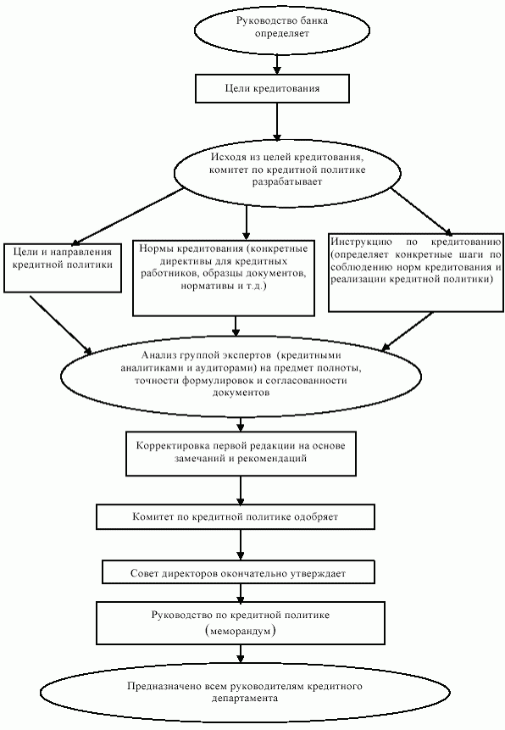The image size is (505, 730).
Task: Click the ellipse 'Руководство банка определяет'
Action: point(281,29)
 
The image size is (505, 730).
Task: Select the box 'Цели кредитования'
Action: point(272,88)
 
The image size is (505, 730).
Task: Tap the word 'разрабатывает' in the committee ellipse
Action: point(286,182)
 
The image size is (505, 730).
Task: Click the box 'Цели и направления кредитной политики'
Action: point(63,268)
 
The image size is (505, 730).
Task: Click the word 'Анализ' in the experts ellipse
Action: point(158,356)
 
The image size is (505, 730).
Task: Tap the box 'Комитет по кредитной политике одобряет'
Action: point(236,516)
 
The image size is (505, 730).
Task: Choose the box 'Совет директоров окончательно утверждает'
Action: point(238,572)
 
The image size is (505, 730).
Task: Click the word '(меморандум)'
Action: point(240,632)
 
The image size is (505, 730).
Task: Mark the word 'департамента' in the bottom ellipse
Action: point(245,699)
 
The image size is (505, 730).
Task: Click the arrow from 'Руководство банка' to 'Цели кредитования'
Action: point(277,64)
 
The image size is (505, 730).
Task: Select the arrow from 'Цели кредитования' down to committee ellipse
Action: point(277,122)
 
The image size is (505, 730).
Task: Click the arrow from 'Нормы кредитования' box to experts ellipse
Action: point(236,326)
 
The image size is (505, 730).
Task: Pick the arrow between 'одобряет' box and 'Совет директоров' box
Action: point(241,544)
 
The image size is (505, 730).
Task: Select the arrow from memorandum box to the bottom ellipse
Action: point(241,654)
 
